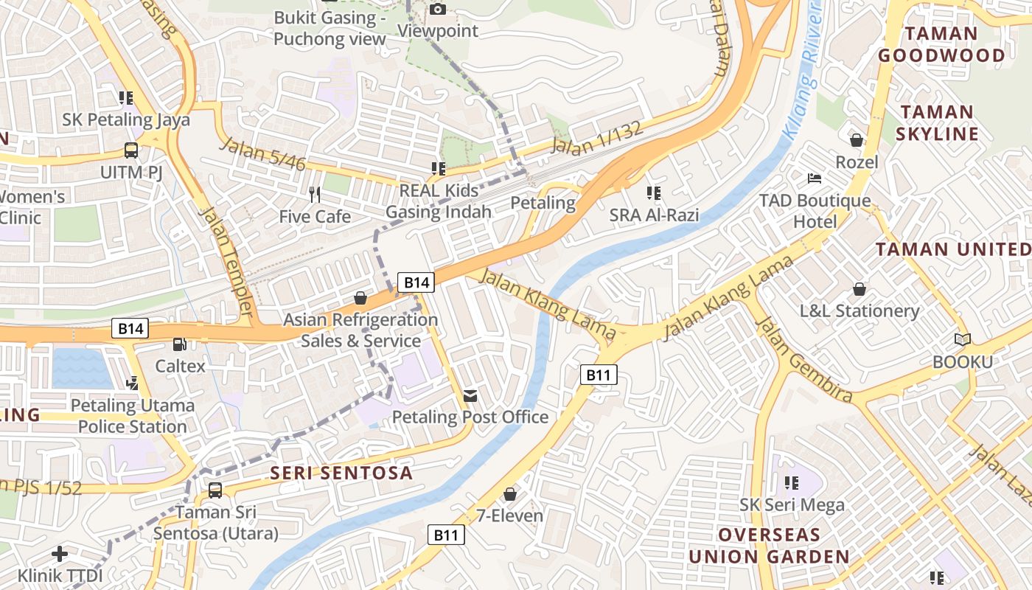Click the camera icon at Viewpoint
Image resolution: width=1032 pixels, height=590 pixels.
(x=438, y=9)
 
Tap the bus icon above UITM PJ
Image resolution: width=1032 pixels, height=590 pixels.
(x=131, y=150)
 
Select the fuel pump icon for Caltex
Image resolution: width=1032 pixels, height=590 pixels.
(x=179, y=344)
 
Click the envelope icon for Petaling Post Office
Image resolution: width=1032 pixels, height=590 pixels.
(x=470, y=396)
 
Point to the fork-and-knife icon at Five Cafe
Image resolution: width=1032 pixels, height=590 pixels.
(x=315, y=195)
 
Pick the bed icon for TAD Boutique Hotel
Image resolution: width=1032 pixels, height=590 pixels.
(x=815, y=178)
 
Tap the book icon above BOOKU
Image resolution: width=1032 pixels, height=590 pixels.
(x=962, y=339)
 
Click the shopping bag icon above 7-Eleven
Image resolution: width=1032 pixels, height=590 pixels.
(x=509, y=493)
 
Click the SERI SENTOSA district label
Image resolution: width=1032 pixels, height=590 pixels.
(x=341, y=473)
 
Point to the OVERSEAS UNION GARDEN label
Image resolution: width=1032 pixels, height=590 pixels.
(x=769, y=546)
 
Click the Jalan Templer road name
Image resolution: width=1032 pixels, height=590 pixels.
(x=229, y=261)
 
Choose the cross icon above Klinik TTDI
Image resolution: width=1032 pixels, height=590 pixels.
(x=60, y=553)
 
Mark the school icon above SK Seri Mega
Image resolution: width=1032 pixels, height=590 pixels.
(x=792, y=483)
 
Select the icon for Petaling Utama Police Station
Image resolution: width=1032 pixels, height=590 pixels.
(x=133, y=382)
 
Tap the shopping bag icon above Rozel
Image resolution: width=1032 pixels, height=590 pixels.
(x=857, y=139)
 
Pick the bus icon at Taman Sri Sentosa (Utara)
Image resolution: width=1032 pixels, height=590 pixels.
(x=215, y=490)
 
